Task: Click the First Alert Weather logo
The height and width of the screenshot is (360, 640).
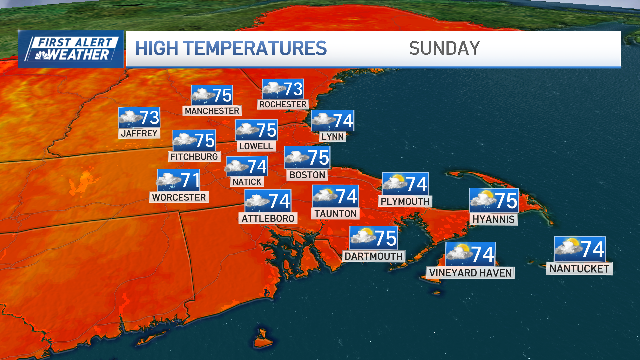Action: click(71, 49)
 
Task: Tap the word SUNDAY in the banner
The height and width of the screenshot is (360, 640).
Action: click(444, 48)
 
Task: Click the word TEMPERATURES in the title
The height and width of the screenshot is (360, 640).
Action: click(259, 48)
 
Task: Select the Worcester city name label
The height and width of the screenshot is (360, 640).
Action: click(179, 197)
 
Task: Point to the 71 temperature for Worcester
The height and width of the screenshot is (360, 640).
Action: click(190, 180)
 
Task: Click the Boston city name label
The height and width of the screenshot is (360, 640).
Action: click(307, 175)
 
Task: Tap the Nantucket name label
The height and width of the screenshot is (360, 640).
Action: click(579, 269)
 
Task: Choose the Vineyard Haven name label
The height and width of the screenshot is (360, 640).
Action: click(470, 273)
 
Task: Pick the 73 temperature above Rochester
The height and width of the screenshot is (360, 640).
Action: click(293, 89)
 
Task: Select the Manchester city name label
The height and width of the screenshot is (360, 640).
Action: click(212, 111)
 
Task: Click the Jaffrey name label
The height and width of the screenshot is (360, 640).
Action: click(139, 133)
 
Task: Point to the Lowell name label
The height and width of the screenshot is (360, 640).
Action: click(256, 146)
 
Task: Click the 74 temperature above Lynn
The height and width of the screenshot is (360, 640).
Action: click(343, 120)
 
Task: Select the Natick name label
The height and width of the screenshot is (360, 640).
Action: click(247, 182)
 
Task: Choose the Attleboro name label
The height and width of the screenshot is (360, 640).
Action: click(268, 219)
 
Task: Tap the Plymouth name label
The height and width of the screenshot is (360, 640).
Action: click(405, 201)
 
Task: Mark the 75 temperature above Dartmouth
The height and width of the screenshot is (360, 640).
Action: click(386, 238)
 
